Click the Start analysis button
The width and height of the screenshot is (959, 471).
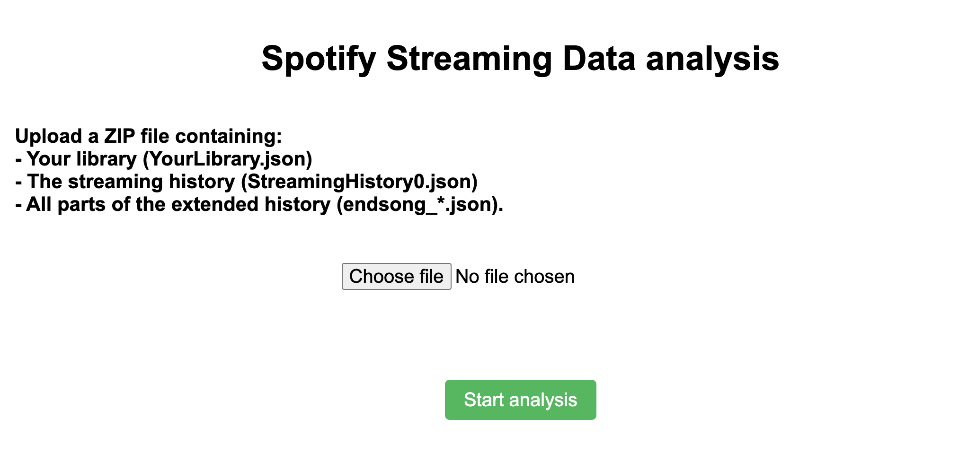click(x=520, y=400)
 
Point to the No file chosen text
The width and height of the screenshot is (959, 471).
click(x=515, y=277)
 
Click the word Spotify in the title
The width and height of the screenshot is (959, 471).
click(x=319, y=59)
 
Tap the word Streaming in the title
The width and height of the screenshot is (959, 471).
click(x=469, y=59)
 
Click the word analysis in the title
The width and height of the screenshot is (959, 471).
click(x=712, y=59)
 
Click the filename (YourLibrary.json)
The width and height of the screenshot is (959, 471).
click(x=228, y=159)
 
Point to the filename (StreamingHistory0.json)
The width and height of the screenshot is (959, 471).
click(x=359, y=182)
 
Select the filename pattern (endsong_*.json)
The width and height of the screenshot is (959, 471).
click(x=419, y=204)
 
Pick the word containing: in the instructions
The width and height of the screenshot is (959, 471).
click(x=229, y=136)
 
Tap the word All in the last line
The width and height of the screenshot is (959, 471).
click(x=39, y=204)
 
